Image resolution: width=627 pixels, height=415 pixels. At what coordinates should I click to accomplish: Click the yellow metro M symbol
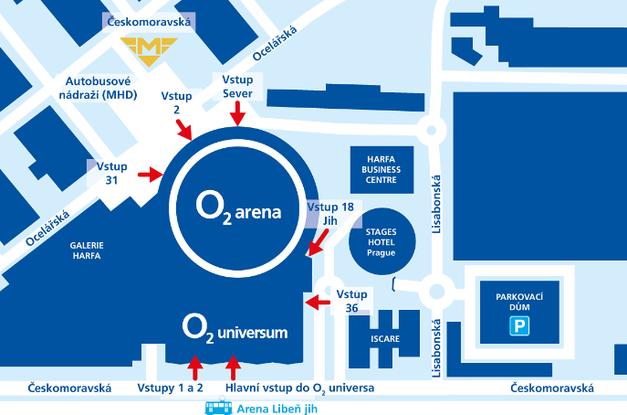149,51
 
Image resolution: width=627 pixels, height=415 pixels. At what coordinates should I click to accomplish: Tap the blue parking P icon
519,325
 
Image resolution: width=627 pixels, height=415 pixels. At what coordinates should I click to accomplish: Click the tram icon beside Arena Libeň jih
218,406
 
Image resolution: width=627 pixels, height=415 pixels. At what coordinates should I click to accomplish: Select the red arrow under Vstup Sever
237,113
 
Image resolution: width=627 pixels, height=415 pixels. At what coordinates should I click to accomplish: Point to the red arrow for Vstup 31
151,175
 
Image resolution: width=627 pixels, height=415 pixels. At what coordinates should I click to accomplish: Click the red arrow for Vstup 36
318,303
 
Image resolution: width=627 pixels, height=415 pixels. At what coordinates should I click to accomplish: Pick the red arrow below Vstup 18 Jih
319,242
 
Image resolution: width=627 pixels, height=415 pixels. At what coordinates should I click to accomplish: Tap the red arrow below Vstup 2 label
184,130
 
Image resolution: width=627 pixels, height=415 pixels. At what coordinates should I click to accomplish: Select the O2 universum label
235,329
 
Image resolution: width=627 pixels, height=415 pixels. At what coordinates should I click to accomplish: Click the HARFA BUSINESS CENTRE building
381,170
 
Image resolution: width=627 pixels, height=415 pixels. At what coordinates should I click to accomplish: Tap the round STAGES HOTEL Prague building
381,241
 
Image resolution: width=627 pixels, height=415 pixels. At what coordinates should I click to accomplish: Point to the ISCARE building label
385,339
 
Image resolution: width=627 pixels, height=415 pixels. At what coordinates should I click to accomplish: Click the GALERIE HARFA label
87,250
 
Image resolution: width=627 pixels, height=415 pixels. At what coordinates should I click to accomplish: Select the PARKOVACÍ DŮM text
519,302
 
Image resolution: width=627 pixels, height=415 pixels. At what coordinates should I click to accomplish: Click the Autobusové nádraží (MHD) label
98,88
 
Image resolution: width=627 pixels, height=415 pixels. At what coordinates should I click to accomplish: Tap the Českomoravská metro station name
149,22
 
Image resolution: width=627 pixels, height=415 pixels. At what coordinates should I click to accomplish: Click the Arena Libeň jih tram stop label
277,409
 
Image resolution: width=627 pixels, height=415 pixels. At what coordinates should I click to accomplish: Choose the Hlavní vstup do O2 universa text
300,388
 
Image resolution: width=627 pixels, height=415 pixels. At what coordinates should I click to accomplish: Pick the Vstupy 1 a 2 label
171,388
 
